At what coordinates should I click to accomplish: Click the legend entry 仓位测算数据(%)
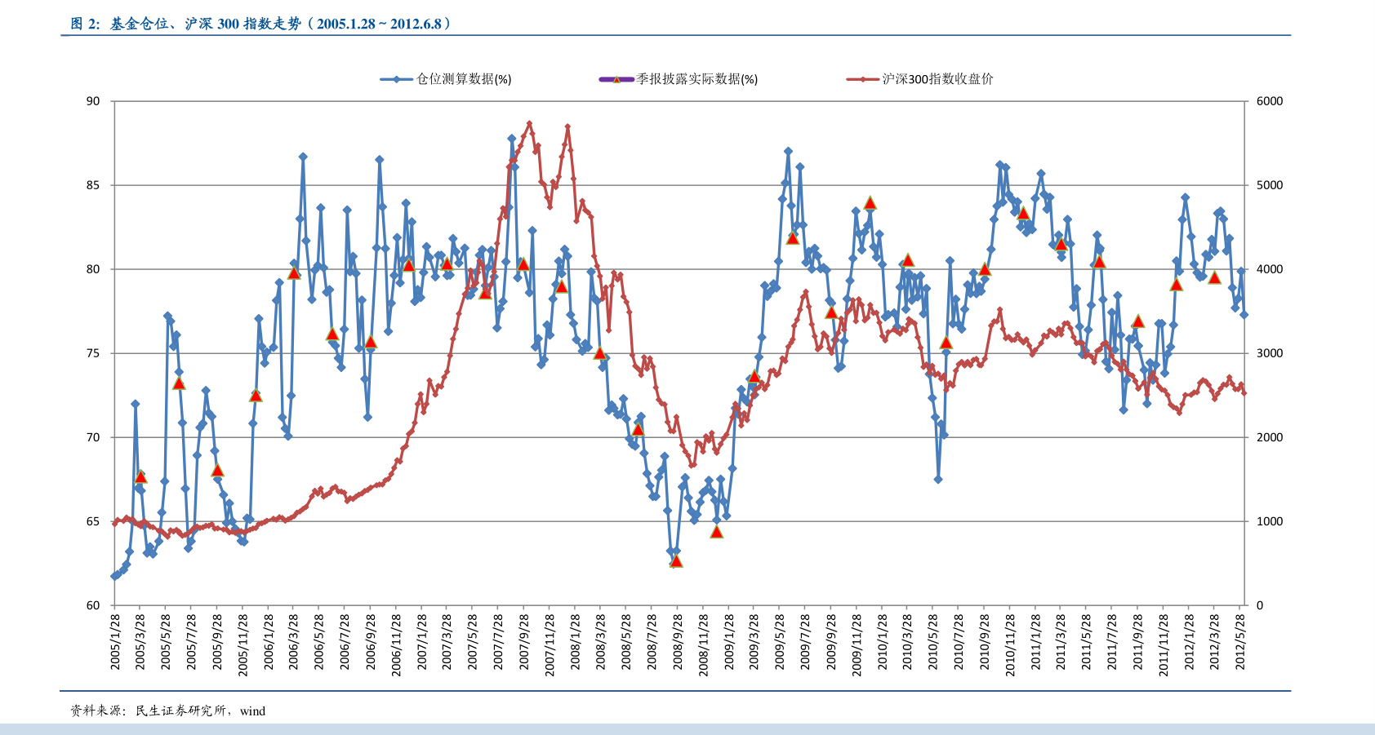tap(446, 79)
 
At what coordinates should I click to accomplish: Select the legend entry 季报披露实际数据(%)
tap(679, 79)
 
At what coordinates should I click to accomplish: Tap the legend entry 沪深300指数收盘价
tap(919, 79)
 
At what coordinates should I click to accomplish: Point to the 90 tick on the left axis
tap(93, 101)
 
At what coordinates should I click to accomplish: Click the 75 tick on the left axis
tap(93, 353)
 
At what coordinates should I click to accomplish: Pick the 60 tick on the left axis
tap(93, 605)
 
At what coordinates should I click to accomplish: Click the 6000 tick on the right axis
tap(1270, 101)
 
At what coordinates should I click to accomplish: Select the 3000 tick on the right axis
tap(1270, 353)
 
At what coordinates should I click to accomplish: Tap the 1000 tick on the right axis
tap(1270, 521)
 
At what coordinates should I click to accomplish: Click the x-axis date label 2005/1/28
tap(115, 642)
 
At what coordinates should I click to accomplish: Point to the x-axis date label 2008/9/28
tap(677, 642)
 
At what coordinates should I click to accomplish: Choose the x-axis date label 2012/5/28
tap(1240, 642)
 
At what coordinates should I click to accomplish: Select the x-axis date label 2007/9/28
tap(523, 642)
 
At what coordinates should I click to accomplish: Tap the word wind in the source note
tap(252, 711)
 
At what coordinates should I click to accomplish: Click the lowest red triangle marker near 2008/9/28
tap(676, 561)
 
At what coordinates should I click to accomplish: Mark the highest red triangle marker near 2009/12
tap(870, 203)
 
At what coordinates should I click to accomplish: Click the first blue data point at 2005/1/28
tap(115, 576)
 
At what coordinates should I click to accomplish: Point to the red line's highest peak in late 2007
tap(530, 123)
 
